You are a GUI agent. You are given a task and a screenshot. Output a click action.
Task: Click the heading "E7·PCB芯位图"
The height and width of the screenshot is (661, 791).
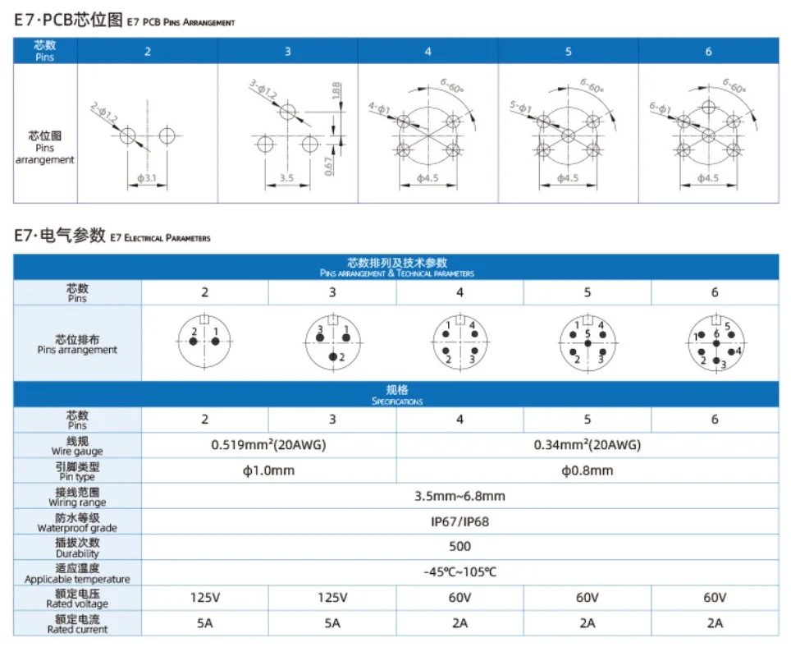point(69,21)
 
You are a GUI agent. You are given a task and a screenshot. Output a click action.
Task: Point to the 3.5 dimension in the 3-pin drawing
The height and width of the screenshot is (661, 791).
point(286,177)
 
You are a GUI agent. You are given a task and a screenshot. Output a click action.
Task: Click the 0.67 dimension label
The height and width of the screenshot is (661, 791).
point(328,165)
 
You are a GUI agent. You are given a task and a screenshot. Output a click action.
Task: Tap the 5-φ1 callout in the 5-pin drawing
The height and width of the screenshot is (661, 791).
point(520,109)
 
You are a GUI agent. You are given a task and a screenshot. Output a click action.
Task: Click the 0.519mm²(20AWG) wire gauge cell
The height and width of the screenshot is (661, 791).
point(267,445)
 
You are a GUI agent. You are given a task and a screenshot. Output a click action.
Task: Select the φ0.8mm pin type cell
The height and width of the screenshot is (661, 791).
point(587,471)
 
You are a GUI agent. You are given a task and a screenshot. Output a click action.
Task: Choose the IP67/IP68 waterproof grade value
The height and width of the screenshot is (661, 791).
point(460,521)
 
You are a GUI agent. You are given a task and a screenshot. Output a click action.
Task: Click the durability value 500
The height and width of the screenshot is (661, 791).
point(460,547)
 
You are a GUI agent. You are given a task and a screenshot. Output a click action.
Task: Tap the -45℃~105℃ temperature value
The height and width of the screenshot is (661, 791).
point(460,572)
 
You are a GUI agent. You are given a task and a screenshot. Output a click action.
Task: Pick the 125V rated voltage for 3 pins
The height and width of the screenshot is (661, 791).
point(331,598)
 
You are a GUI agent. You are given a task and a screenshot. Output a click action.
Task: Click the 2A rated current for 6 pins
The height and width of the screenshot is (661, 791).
point(714,623)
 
